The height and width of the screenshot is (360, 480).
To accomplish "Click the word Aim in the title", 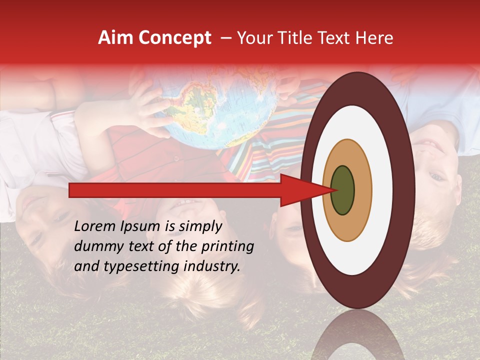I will pos(116,38).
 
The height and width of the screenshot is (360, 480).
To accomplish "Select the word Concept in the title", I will pos(175,38).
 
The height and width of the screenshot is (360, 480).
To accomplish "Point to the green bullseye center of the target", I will pos(342,190).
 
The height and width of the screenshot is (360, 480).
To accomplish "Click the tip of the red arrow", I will pos(333,190).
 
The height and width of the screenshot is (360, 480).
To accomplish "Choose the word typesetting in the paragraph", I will pos(131,266).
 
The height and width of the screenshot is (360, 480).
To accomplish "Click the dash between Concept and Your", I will pos(226,38).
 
